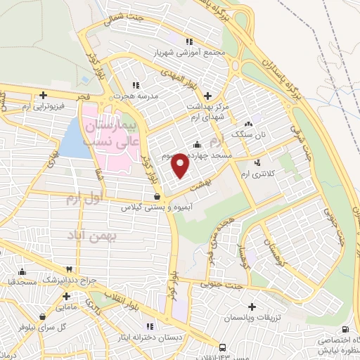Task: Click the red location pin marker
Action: pyautogui.click(x=181, y=165)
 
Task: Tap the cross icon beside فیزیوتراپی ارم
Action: pyautogui.click(x=44, y=95)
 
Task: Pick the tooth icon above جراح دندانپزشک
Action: pyautogui.click(x=69, y=270)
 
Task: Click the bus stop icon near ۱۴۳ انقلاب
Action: pyautogui.click(x=222, y=347)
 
